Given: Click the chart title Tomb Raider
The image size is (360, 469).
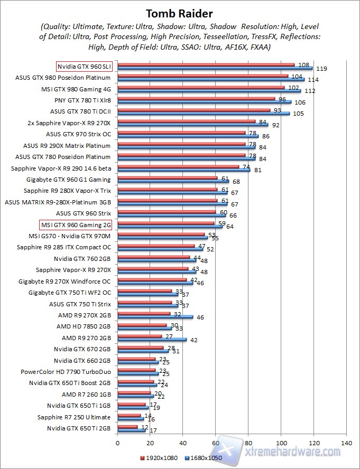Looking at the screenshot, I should point(180,13).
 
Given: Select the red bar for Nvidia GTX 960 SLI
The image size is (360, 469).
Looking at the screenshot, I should point(206,65).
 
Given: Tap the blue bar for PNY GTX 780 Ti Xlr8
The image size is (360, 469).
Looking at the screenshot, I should point(204,102).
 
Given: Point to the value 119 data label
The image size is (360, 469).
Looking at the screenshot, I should point(321,69).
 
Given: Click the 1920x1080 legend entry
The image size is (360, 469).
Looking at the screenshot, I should point(159,458).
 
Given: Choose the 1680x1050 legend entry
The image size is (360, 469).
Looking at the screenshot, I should point(204,458).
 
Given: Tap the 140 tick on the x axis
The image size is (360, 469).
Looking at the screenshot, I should point(346,443).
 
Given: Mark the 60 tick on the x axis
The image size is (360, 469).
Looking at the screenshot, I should point(216,443).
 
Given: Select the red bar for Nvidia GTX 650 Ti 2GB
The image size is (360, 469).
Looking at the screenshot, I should point(127,427).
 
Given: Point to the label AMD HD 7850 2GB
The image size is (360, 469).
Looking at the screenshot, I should point(84,326).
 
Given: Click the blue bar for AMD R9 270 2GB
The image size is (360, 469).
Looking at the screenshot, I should point(152,340).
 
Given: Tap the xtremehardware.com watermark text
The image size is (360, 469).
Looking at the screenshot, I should point(294,452).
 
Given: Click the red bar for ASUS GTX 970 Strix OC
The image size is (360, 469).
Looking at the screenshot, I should point(181,133).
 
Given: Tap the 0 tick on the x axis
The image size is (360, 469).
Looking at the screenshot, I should point(117,443).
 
